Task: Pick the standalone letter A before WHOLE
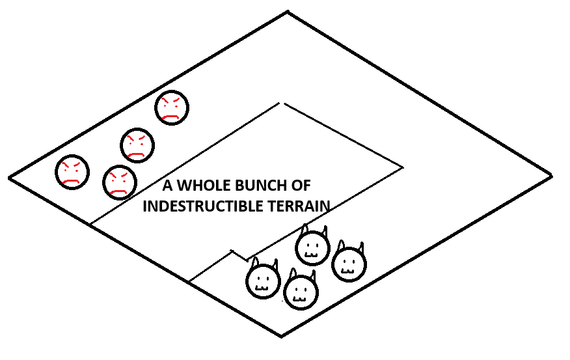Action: (167, 186)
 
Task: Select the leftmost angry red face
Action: (72, 171)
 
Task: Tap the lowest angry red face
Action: (119, 182)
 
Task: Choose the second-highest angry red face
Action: (137, 145)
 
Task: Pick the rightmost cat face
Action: (349, 264)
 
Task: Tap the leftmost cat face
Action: (263, 281)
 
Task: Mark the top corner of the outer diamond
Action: (287, 12)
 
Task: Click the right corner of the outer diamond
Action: (552, 175)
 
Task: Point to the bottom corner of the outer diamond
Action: (281, 336)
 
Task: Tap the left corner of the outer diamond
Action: (9, 176)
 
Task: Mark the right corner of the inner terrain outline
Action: (402, 167)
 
